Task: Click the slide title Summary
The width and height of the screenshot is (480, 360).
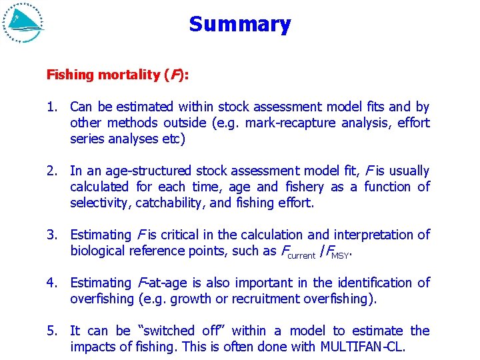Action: click(x=239, y=25)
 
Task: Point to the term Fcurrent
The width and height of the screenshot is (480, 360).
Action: click(x=297, y=252)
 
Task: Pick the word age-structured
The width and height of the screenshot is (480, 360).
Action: click(x=149, y=171)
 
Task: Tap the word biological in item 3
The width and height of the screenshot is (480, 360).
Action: click(x=97, y=251)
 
